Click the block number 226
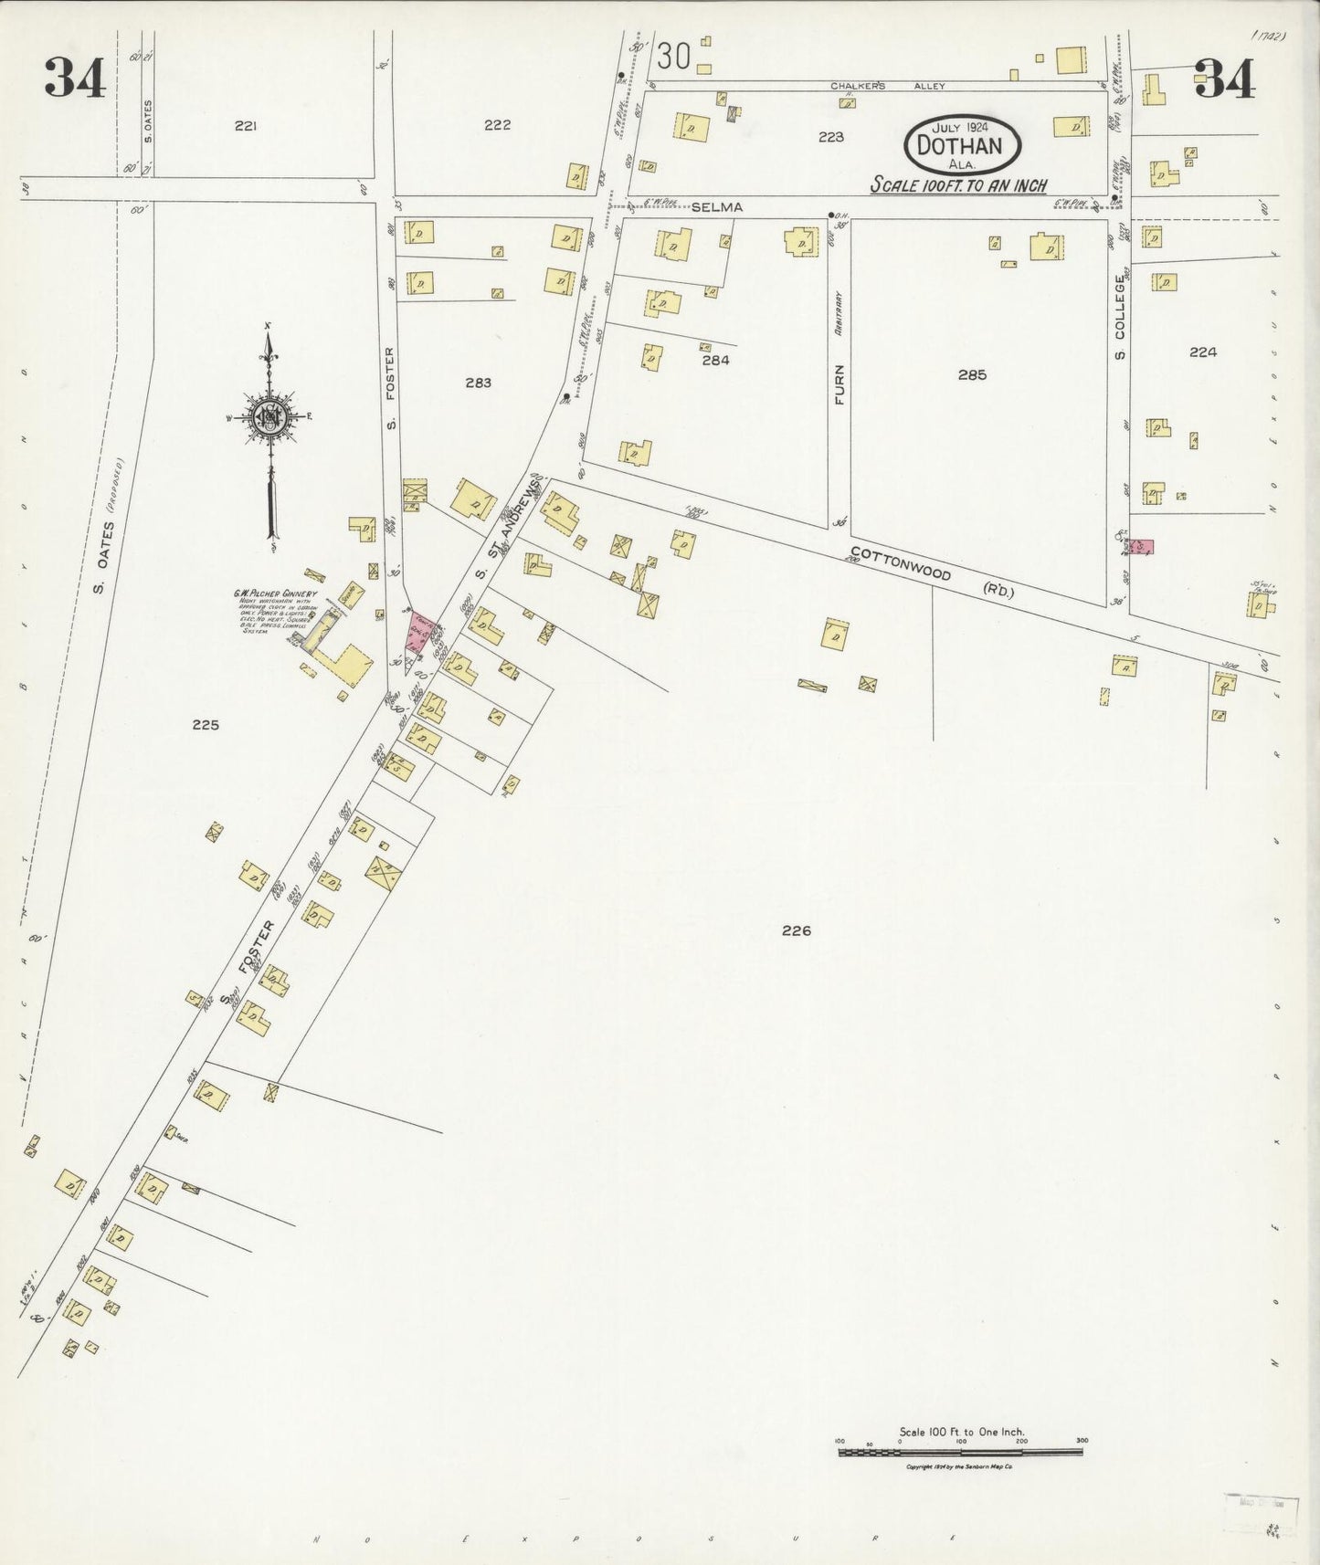click(797, 930)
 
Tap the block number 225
click(206, 725)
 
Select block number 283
click(478, 383)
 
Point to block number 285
click(972, 374)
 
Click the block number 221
click(244, 127)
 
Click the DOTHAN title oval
click(962, 145)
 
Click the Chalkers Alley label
click(887, 85)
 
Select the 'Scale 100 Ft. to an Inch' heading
click(958, 184)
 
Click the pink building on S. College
click(1141, 546)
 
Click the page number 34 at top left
click(76, 78)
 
